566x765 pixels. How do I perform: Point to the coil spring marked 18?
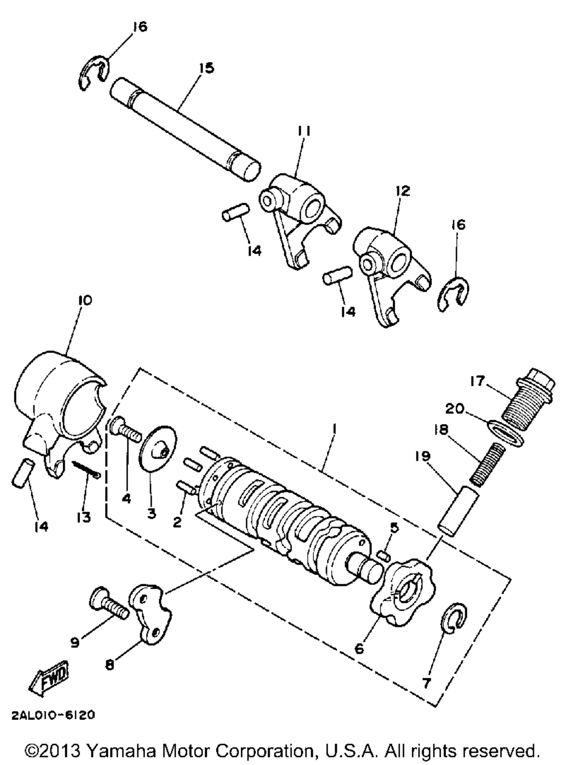(487, 464)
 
